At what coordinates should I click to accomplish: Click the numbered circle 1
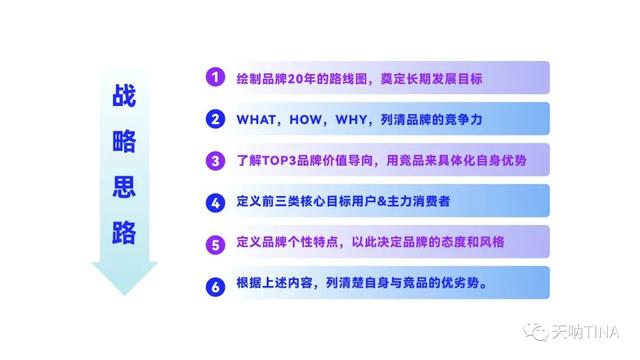coord(214,77)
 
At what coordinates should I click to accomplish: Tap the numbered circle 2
coord(214,118)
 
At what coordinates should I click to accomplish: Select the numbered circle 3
coord(214,159)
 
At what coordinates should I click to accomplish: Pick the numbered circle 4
coord(214,201)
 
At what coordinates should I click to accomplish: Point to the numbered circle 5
coord(214,242)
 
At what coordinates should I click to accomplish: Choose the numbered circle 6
coord(214,283)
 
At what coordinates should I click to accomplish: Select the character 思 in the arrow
coord(125,187)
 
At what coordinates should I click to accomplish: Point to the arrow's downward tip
coord(124,293)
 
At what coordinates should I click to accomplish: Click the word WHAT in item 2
coord(255,119)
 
